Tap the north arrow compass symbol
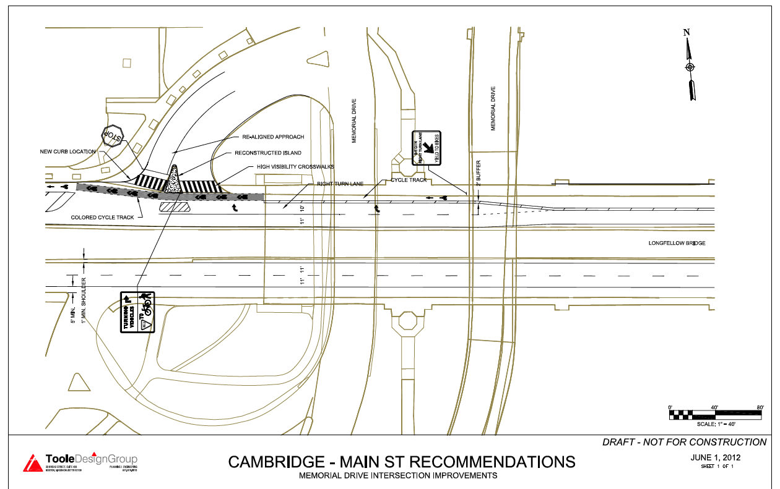(690, 67)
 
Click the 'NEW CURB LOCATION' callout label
(68, 151)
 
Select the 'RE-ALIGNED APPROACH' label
(273, 137)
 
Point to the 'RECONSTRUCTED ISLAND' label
(268, 153)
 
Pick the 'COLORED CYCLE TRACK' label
(103, 218)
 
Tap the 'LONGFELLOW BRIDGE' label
(677, 244)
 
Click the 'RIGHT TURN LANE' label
(340, 184)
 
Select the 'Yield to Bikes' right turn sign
(427, 149)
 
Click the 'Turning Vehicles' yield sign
(137, 313)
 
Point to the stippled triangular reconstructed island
(174, 180)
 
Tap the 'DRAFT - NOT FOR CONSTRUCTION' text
(685, 442)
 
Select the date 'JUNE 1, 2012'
(715, 457)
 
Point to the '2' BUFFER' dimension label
(479, 173)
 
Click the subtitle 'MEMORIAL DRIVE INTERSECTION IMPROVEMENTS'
(398, 476)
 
